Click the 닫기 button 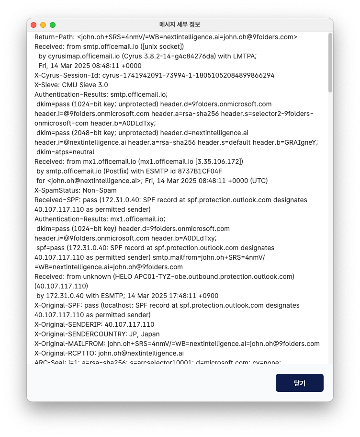click(x=299, y=383)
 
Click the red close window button click(x=34, y=24)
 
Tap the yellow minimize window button click(x=43, y=24)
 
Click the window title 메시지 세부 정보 click(x=180, y=24)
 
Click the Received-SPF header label click(x=56, y=200)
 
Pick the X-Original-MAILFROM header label click(x=69, y=344)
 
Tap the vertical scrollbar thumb click(x=330, y=62)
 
